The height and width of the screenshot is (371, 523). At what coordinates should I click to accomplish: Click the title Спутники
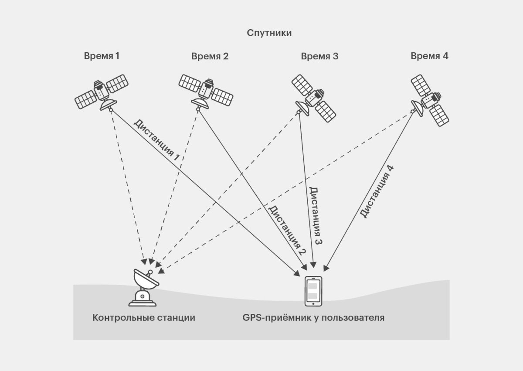(x=269, y=33)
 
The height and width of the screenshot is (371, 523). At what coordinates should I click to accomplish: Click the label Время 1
(x=102, y=56)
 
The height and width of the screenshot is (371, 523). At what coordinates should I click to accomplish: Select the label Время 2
(x=210, y=56)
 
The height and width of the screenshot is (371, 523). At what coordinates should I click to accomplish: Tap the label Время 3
(x=319, y=56)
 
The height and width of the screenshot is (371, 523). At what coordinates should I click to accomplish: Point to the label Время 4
(x=429, y=56)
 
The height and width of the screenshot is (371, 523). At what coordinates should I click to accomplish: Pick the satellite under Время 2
(x=206, y=91)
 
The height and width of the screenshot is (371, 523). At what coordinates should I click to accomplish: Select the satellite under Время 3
(x=314, y=98)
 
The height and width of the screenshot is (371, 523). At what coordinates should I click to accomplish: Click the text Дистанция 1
(x=156, y=140)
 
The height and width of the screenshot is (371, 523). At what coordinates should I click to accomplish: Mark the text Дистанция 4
(x=377, y=191)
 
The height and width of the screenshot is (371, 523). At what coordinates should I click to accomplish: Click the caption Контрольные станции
(x=143, y=317)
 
